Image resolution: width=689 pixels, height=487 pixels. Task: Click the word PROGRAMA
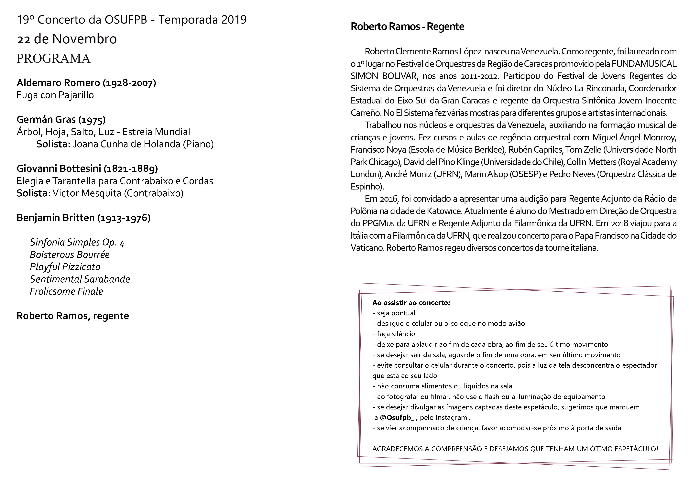(x=53, y=59)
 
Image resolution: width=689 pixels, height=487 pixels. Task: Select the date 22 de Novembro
(x=67, y=39)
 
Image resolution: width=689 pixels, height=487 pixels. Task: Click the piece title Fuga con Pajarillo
(x=55, y=95)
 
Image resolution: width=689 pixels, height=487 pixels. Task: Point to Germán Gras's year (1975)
(x=92, y=120)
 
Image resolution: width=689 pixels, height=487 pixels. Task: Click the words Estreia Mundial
(x=156, y=132)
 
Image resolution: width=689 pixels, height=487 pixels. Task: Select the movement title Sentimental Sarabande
(x=80, y=279)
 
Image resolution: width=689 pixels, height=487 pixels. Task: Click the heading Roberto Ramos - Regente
(x=407, y=26)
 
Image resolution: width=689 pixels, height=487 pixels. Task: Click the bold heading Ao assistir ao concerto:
(x=411, y=302)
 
